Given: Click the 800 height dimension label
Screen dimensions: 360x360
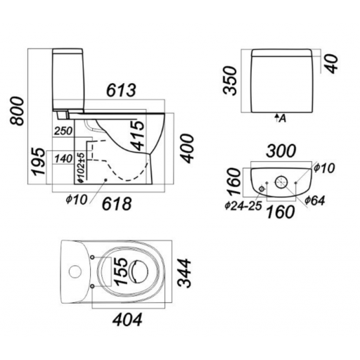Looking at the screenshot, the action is pos(17,111).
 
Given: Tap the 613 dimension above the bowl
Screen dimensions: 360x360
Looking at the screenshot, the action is pos(121,90).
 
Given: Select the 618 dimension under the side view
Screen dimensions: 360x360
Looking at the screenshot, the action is pos(117,203).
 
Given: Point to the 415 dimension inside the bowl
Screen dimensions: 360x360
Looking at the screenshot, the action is pos(138,135).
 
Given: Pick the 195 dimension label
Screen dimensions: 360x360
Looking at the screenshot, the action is pos(38,161).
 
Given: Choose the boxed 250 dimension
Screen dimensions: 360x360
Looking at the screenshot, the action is pos(63,131).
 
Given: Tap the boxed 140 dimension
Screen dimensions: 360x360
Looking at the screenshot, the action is pos(63,159).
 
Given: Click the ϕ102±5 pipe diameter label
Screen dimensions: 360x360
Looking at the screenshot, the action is pos(81,168).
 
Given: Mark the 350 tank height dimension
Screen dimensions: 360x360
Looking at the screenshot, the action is pos(230,80).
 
